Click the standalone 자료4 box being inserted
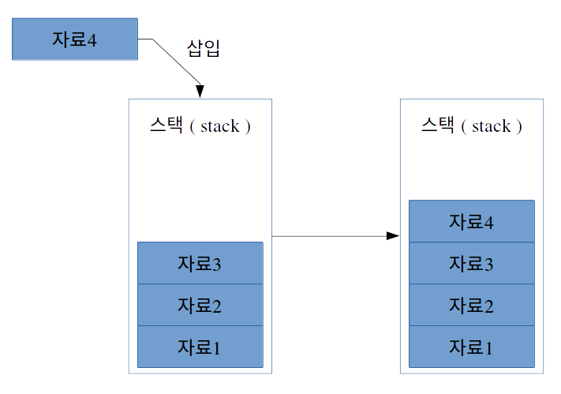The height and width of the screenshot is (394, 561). pos(75,39)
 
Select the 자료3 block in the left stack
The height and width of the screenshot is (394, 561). pos(200,263)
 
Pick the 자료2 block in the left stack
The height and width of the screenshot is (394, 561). pos(200,305)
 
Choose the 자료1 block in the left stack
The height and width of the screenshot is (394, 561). pos(200,347)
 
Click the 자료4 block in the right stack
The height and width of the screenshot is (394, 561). pos(471,221)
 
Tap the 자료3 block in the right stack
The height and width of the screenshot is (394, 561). pos(471,263)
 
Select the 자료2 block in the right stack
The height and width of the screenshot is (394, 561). pos(471,305)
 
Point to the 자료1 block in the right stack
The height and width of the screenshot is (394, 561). pos(471,347)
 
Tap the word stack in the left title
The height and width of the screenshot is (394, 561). pos(219,126)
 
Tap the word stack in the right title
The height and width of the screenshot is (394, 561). pos(491,126)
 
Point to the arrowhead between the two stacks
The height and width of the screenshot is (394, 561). pos(393,235)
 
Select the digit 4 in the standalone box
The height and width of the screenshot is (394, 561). pos(92,39)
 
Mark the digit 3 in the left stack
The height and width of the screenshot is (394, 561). pos(216,264)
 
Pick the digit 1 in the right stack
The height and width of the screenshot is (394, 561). pos(488,347)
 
